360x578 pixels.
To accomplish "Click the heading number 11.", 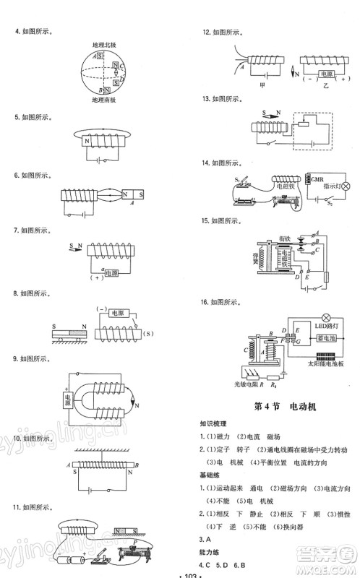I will [10, 506].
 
